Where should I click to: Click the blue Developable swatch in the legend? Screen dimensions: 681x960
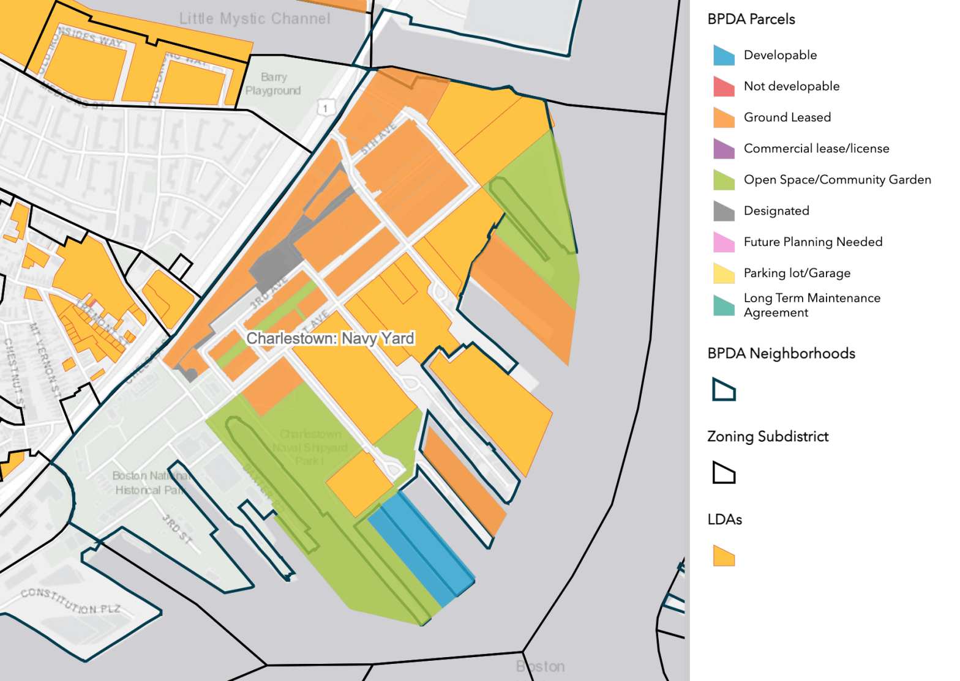pos(724,55)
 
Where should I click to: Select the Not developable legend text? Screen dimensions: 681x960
pos(791,86)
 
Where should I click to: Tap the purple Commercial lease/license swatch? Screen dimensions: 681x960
pos(724,149)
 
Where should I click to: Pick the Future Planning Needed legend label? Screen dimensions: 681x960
pos(812,242)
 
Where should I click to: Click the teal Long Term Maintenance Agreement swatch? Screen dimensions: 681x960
pos(724,305)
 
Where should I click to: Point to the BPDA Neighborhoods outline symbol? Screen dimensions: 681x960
pos(724,390)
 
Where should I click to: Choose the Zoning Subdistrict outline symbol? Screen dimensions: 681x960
pos(724,473)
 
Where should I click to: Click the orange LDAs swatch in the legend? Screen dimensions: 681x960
pos(724,556)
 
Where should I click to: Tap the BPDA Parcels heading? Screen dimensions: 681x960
pos(751,19)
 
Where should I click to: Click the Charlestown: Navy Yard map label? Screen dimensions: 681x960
pos(330,338)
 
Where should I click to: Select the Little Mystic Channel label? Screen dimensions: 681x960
pos(255,19)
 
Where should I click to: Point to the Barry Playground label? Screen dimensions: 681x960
pos(273,84)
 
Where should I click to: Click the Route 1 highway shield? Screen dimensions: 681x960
pos(325,108)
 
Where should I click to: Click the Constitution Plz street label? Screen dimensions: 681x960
pos(70,601)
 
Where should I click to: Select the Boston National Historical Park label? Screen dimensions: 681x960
pos(149,483)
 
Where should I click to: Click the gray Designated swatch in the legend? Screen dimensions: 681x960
pos(724,211)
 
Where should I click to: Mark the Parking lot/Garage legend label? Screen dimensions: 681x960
pos(797,273)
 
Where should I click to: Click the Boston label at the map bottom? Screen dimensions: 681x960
pos(541,666)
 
